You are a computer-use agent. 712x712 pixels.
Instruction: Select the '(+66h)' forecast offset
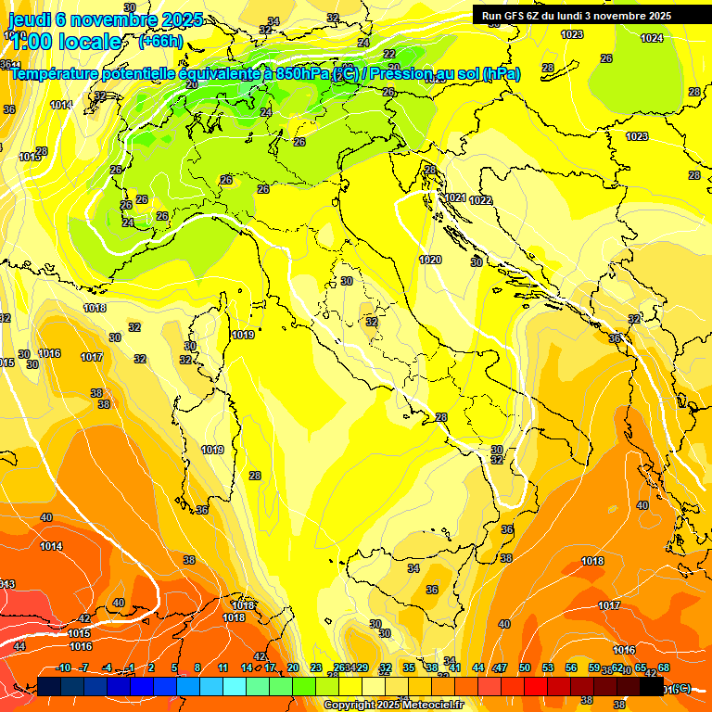159,41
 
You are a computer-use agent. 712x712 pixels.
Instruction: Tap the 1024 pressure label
652,38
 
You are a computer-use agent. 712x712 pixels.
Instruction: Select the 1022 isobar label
480,200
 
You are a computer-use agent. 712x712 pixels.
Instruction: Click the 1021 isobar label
455,197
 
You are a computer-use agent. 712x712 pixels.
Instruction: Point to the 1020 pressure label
429,261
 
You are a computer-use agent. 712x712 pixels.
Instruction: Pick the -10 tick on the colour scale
63,668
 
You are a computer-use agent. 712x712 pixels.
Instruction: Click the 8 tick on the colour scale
197,668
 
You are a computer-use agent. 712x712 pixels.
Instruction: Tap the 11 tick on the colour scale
222,668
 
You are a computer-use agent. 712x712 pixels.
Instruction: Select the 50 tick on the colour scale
524,668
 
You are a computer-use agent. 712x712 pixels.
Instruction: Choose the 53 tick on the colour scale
547,668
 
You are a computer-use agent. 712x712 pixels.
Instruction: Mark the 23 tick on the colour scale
315,668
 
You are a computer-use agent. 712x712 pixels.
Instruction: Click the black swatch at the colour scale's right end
653,686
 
